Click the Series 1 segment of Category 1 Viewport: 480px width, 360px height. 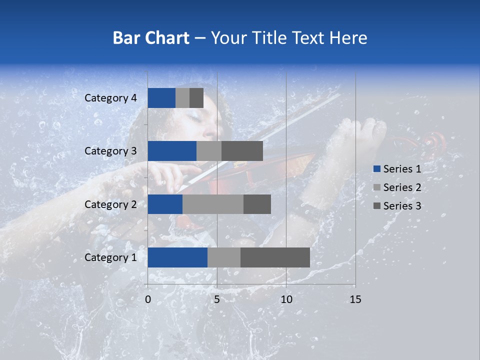point(177,257)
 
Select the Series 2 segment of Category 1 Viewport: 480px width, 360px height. point(224,257)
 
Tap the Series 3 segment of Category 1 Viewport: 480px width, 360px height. point(275,257)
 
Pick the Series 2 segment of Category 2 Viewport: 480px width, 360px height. point(213,204)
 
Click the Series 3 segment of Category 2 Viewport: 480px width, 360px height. point(257,204)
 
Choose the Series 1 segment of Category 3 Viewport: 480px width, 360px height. point(172,151)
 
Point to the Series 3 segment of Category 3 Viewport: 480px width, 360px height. point(242,151)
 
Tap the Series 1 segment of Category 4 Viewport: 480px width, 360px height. point(161,98)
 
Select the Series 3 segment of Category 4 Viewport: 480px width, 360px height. point(196,98)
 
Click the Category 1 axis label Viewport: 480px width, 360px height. point(110,257)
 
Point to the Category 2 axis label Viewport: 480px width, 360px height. point(110,204)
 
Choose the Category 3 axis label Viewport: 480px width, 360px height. point(110,151)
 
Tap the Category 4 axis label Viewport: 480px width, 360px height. point(110,98)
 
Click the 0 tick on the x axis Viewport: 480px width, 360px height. point(148,299)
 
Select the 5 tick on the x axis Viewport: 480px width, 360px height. point(217,299)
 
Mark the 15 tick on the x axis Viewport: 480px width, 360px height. point(355,299)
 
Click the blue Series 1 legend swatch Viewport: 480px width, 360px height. point(376,169)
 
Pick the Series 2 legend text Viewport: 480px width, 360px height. point(402,187)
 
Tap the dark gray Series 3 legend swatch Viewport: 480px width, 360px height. point(376,206)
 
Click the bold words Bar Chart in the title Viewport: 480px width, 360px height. point(150,38)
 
